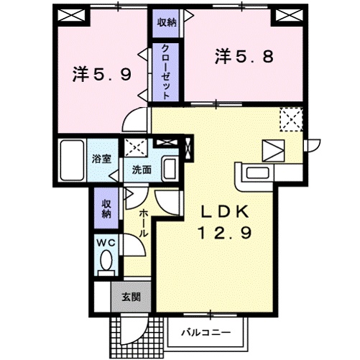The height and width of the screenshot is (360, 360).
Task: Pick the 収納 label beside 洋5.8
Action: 166,22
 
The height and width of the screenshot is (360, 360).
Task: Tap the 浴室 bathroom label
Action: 101,159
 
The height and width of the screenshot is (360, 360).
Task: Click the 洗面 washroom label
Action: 141,170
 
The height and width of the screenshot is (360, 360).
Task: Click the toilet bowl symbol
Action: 108,259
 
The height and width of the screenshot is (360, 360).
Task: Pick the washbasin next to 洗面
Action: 170,170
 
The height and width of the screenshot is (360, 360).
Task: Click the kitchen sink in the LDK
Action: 256,173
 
